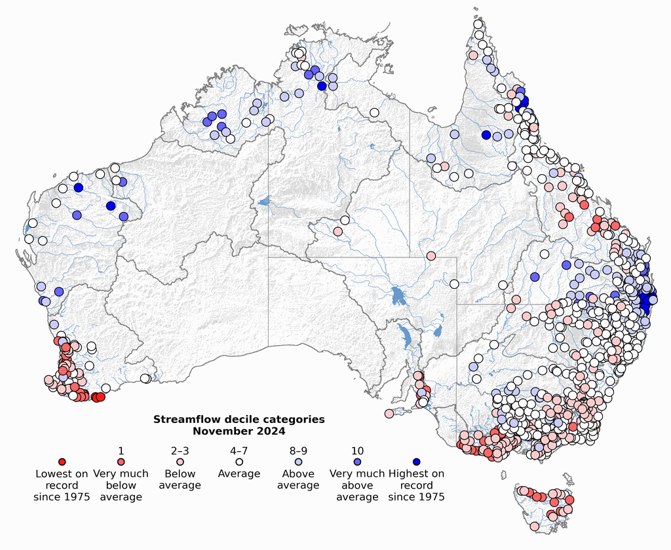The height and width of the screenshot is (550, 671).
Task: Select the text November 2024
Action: pyautogui.click(x=239, y=431)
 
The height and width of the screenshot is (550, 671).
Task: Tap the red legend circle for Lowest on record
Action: pyautogui.click(x=62, y=462)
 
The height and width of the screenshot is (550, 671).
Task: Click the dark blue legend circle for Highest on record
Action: pyautogui.click(x=416, y=462)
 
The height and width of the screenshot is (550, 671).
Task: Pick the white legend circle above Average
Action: pyautogui.click(x=239, y=462)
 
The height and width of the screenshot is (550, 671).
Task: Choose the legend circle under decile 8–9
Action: pyautogui.click(x=298, y=462)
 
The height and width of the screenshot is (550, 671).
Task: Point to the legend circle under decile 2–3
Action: pyautogui.click(x=180, y=462)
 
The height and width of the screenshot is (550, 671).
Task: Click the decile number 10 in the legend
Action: pyautogui.click(x=357, y=450)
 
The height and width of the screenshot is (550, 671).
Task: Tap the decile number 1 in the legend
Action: pyautogui.click(x=121, y=450)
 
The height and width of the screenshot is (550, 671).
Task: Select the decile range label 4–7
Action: pyautogui.click(x=239, y=450)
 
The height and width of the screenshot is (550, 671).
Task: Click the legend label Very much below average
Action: pyautogui.click(x=121, y=485)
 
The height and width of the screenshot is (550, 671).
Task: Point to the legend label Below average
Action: pyautogui.click(x=180, y=479)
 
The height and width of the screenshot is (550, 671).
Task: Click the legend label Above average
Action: pyautogui.click(x=298, y=479)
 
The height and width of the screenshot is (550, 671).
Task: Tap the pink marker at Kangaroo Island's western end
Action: pyautogui.click(x=389, y=413)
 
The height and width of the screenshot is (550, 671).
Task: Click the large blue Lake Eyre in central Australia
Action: pyautogui.click(x=397, y=296)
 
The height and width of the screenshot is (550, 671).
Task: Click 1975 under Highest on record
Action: pyautogui.click(x=431, y=497)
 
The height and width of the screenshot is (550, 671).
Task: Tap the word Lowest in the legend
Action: pyautogui.click(x=52, y=473)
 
